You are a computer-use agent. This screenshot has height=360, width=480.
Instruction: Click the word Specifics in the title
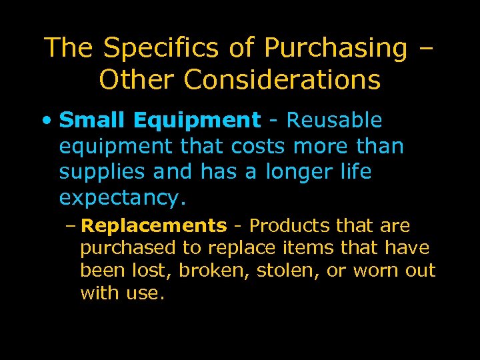(156, 48)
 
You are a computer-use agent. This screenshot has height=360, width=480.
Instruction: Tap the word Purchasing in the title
(335, 48)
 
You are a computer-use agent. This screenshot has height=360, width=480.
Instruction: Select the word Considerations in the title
(282, 80)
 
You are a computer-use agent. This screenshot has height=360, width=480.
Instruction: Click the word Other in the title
(136, 80)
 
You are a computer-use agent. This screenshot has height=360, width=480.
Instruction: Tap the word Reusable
(334, 120)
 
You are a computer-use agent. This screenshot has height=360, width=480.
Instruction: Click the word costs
(258, 146)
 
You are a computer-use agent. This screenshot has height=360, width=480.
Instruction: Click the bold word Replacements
(153, 226)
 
